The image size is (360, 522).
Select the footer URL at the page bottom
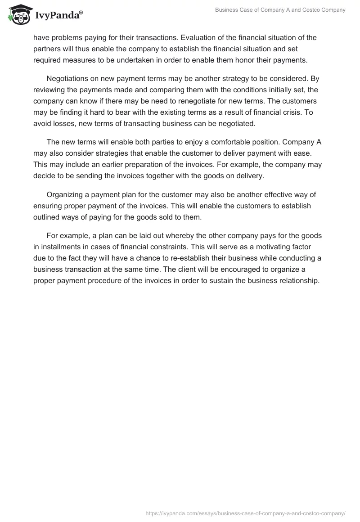[245, 513]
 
